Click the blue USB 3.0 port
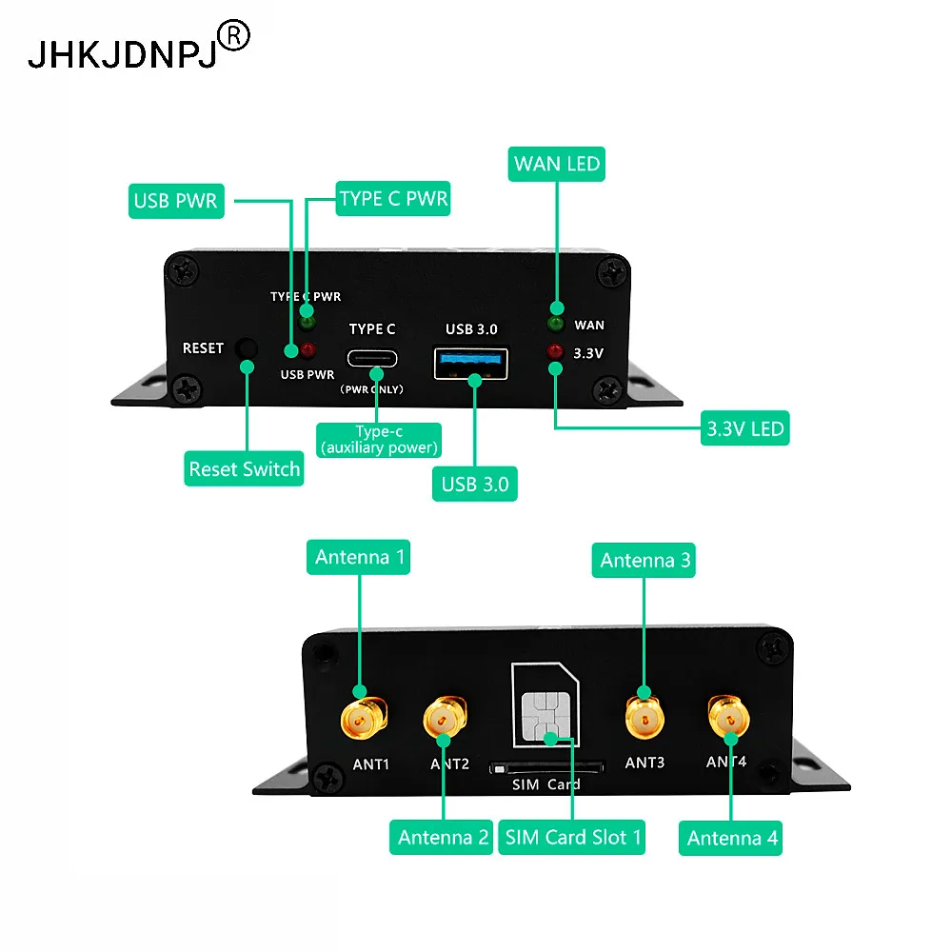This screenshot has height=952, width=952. pos(470,363)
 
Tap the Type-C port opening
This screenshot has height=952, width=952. pos(372,358)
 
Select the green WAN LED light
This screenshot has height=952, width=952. pos(556,323)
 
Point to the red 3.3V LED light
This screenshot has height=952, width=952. pos(555,351)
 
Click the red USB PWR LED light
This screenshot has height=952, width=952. pos(307,349)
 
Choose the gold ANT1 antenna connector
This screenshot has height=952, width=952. pos(364,719)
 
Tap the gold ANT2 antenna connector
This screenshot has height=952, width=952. pos(445,717)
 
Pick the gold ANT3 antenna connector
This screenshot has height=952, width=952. pos(645,717)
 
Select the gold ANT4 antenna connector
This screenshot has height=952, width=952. pos(728,718)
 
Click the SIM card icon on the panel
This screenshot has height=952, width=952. pos(545,704)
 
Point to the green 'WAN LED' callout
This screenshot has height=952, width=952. pos(557,164)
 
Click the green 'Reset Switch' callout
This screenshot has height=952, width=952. pos(244,468)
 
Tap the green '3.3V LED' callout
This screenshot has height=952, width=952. pos(745,428)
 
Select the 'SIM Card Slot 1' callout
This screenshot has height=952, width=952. pos(572,837)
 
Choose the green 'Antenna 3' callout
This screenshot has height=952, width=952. pos(644,561)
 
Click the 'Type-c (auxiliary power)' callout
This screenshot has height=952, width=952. pos(379,440)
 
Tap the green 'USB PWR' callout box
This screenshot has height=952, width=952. pos(176,201)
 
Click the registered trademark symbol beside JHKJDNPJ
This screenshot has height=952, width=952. pos(234,36)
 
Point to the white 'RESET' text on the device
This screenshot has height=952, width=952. pos(204,347)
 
